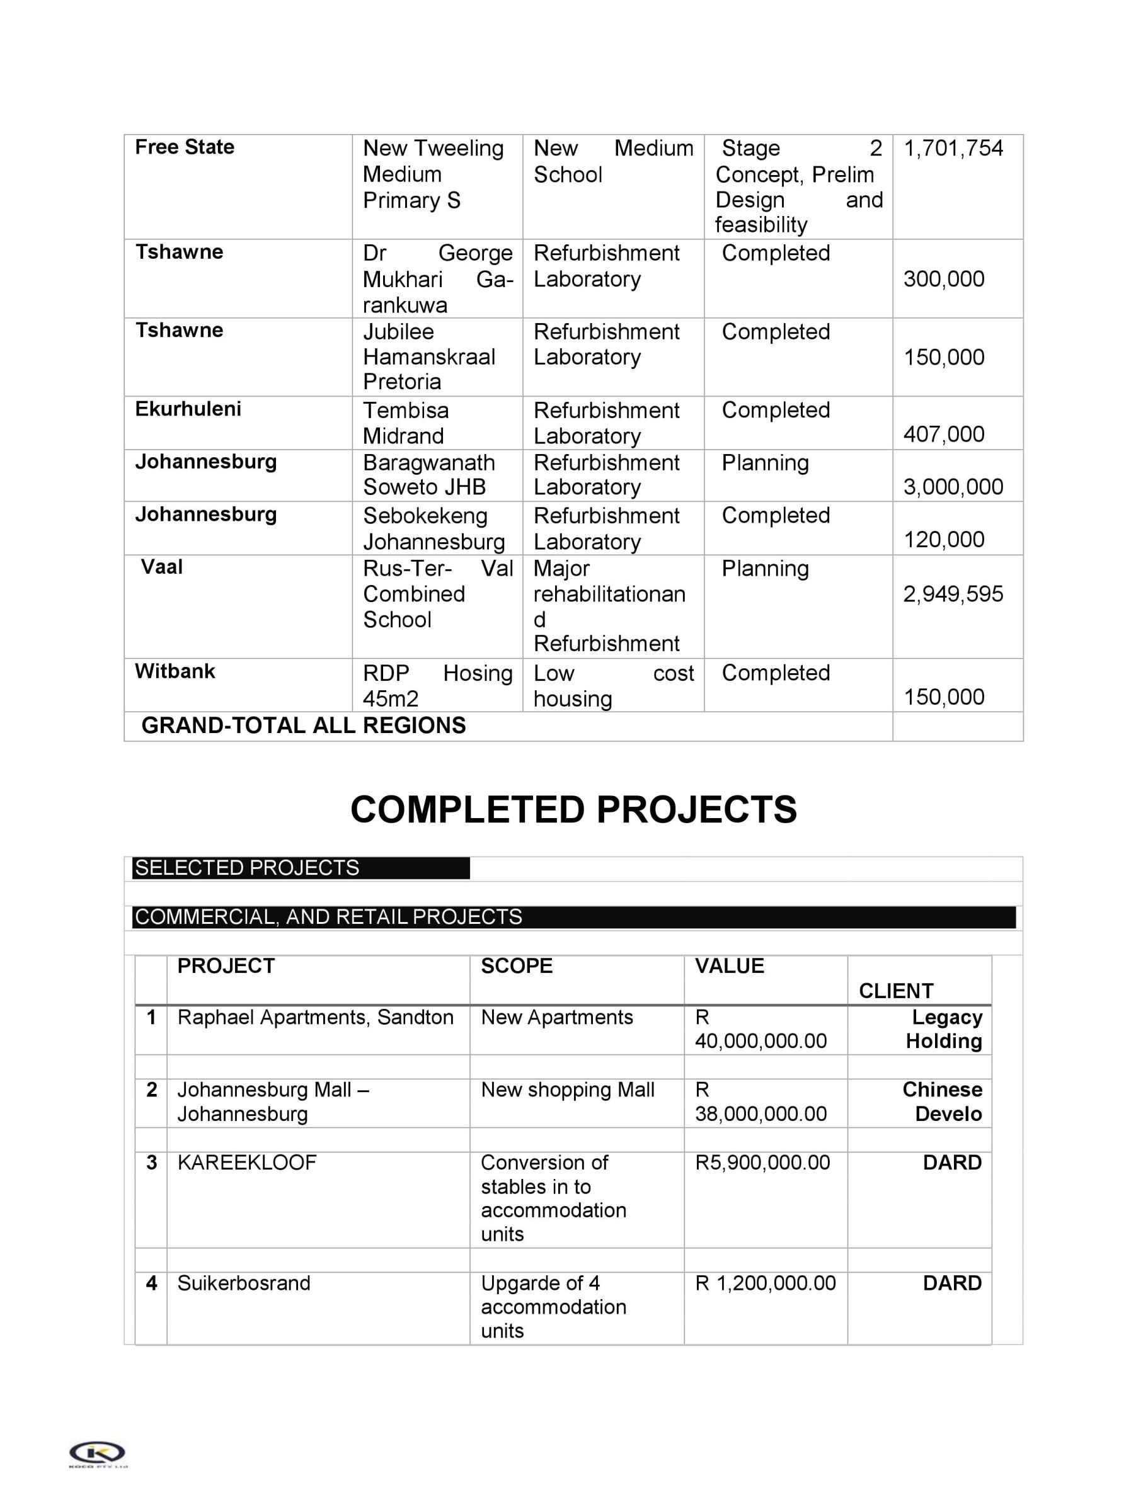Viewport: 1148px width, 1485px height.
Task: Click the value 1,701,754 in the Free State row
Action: click(953, 148)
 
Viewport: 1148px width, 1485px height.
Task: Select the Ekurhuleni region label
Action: click(188, 409)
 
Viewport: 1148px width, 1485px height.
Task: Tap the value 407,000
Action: click(943, 434)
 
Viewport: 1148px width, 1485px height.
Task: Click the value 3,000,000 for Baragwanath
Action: click(953, 487)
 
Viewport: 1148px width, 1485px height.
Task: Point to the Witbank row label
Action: click(175, 671)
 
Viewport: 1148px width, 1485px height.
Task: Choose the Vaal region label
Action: click(162, 566)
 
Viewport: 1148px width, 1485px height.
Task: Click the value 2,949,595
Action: click(953, 594)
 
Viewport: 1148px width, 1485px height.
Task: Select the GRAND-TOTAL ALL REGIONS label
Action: click(303, 725)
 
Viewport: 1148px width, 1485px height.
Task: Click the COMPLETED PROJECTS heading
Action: click(573, 809)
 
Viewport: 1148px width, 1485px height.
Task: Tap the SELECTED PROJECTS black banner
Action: click(301, 868)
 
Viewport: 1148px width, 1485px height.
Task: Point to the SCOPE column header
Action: click(516, 965)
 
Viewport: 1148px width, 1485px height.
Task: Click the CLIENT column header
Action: click(896, 991)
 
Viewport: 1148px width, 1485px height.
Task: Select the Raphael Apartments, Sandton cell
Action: click(315, 1017)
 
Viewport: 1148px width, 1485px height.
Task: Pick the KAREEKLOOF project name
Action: click(247, 1163)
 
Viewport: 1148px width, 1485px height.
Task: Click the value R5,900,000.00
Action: click(762, 1163)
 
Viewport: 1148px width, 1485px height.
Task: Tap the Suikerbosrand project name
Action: click(243, 1283)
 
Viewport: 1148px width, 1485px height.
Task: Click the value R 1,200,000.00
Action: click(765, 1283)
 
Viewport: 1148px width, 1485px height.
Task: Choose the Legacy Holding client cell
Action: click(944, 1029)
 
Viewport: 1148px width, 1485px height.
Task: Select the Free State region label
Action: click(185, 147)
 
